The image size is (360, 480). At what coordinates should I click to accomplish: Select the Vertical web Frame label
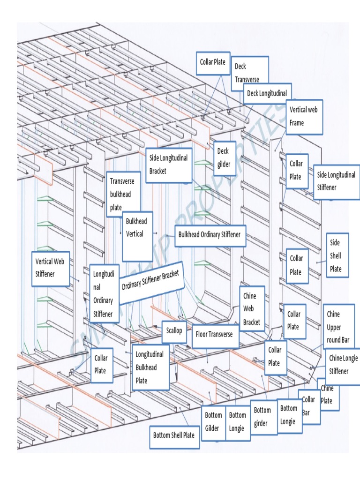pyautogui.click(x=304, y=116)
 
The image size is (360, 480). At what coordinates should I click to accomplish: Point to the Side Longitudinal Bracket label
pyautogui.click(x=169, y=165)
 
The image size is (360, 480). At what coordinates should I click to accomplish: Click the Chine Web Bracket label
pyautogui.click(x=253, y=309)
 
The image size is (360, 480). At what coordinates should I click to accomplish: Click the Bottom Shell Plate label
pyautogui.click(x=173, y=435)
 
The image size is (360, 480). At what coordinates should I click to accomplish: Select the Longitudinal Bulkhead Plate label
pyautogui.click(x=150, y=367)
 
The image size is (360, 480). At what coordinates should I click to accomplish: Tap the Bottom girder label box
pyautogui.click(x=263, y=417)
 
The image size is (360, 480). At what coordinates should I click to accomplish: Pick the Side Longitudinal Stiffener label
pyautogui.click(x=336, y=181)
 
